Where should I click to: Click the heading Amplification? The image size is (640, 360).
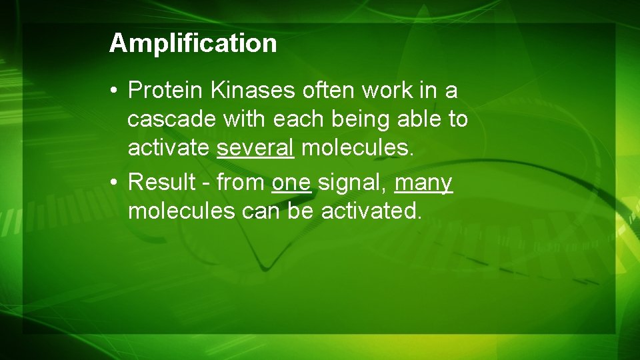coord(193,43)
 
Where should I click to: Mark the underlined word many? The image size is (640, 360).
coord(423,181)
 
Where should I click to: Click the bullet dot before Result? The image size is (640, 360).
coord(116,181)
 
